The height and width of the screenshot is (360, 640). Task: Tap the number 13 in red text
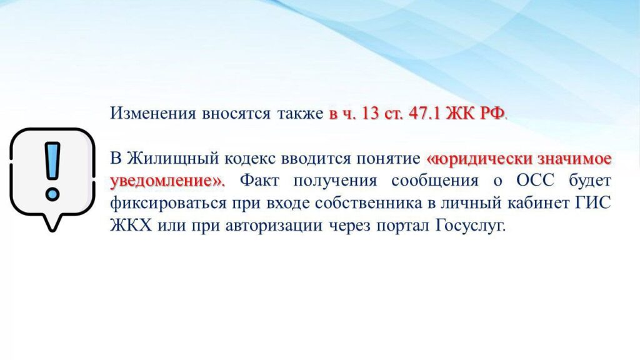pyautogui.click(x=370, y=114)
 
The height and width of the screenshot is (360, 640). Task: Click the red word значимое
pyautogui.click(x=574, y=158)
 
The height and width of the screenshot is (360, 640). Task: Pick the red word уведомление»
pyautogui.click(x=167, y=181)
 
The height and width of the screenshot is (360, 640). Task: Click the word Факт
pyautogui.click(x=259, y=181)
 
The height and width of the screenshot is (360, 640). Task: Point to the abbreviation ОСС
pyautogui.click(x=535, y=181)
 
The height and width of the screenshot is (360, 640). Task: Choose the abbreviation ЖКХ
pyautogui.click(x=131, y=225)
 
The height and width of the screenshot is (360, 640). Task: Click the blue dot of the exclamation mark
pyautogui.click(x=52, y=194)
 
